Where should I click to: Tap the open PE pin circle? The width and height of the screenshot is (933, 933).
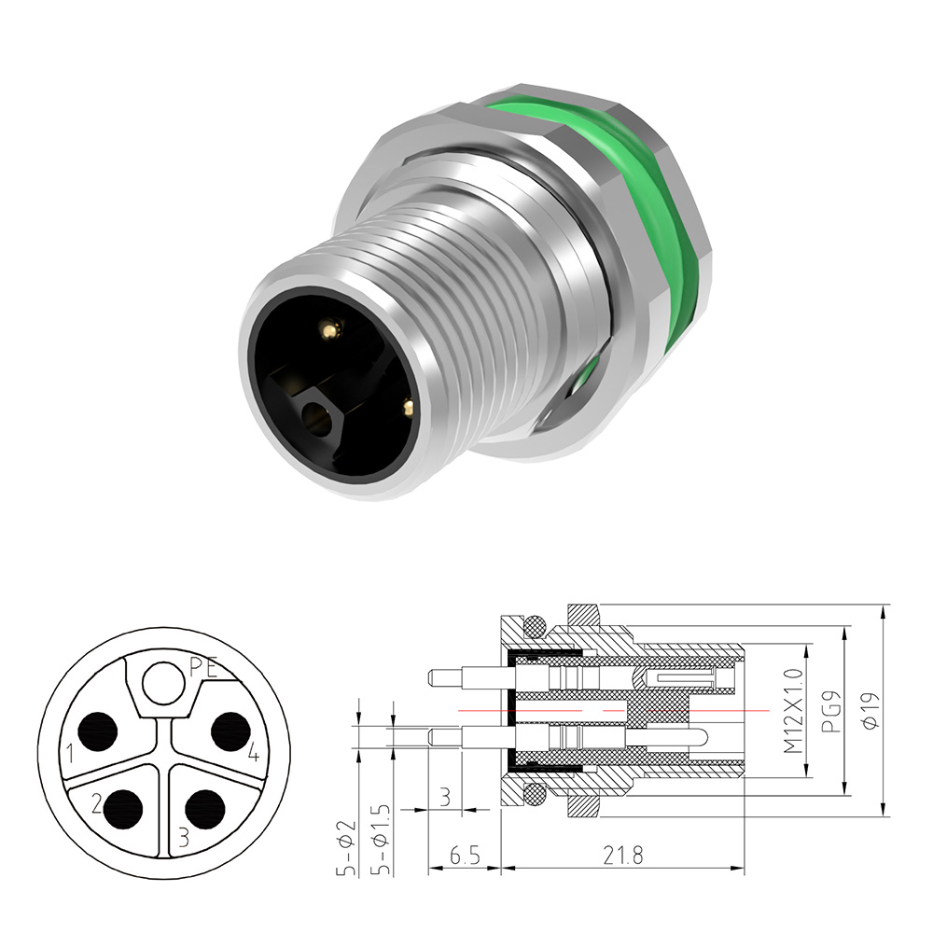pyautogui.click(x=162, y=683)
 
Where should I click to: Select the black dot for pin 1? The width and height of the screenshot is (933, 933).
pyautogui.click(x=98, y=731)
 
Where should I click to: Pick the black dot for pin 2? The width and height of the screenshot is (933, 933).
pyautogui.click(x=123, y=809)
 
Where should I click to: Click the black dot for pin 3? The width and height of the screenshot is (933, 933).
pyautogui.click(x=204, y=809)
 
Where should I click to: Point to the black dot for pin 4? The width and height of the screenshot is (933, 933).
pyautogui.click(x=230, y=731)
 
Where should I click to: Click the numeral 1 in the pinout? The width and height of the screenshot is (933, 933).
pyautogui.click(x=70, y=754)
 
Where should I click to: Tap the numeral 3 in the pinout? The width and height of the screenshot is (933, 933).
pyautogui.click(x=183, y=837)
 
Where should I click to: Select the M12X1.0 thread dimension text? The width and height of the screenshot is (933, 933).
pyautogui.click(x=793, y=710)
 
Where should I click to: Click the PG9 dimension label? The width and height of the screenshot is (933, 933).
pyautogui.click(x=830, y=711)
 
